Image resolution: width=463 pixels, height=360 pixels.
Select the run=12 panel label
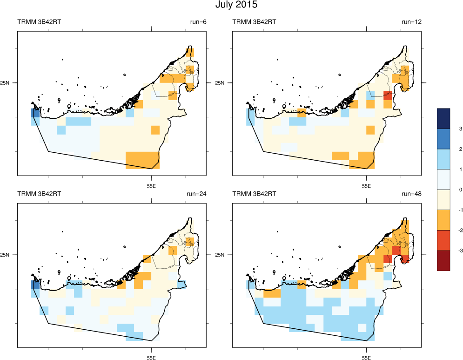click(411, 22)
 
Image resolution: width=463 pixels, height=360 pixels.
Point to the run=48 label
click(411, 194)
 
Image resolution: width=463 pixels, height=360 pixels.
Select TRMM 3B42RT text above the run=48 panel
click(254, 194)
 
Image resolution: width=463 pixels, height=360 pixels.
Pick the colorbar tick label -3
click(448, 251)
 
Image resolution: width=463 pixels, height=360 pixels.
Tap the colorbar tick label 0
click(447, 190)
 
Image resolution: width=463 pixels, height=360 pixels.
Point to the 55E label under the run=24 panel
click(151, 358)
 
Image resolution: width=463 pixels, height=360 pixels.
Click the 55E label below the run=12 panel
click(366, 186)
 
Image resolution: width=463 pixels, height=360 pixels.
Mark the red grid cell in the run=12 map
click(387, 96)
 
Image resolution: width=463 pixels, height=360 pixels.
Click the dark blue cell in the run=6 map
click(35, 113)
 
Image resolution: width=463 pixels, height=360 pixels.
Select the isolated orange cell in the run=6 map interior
click(155, 129)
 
